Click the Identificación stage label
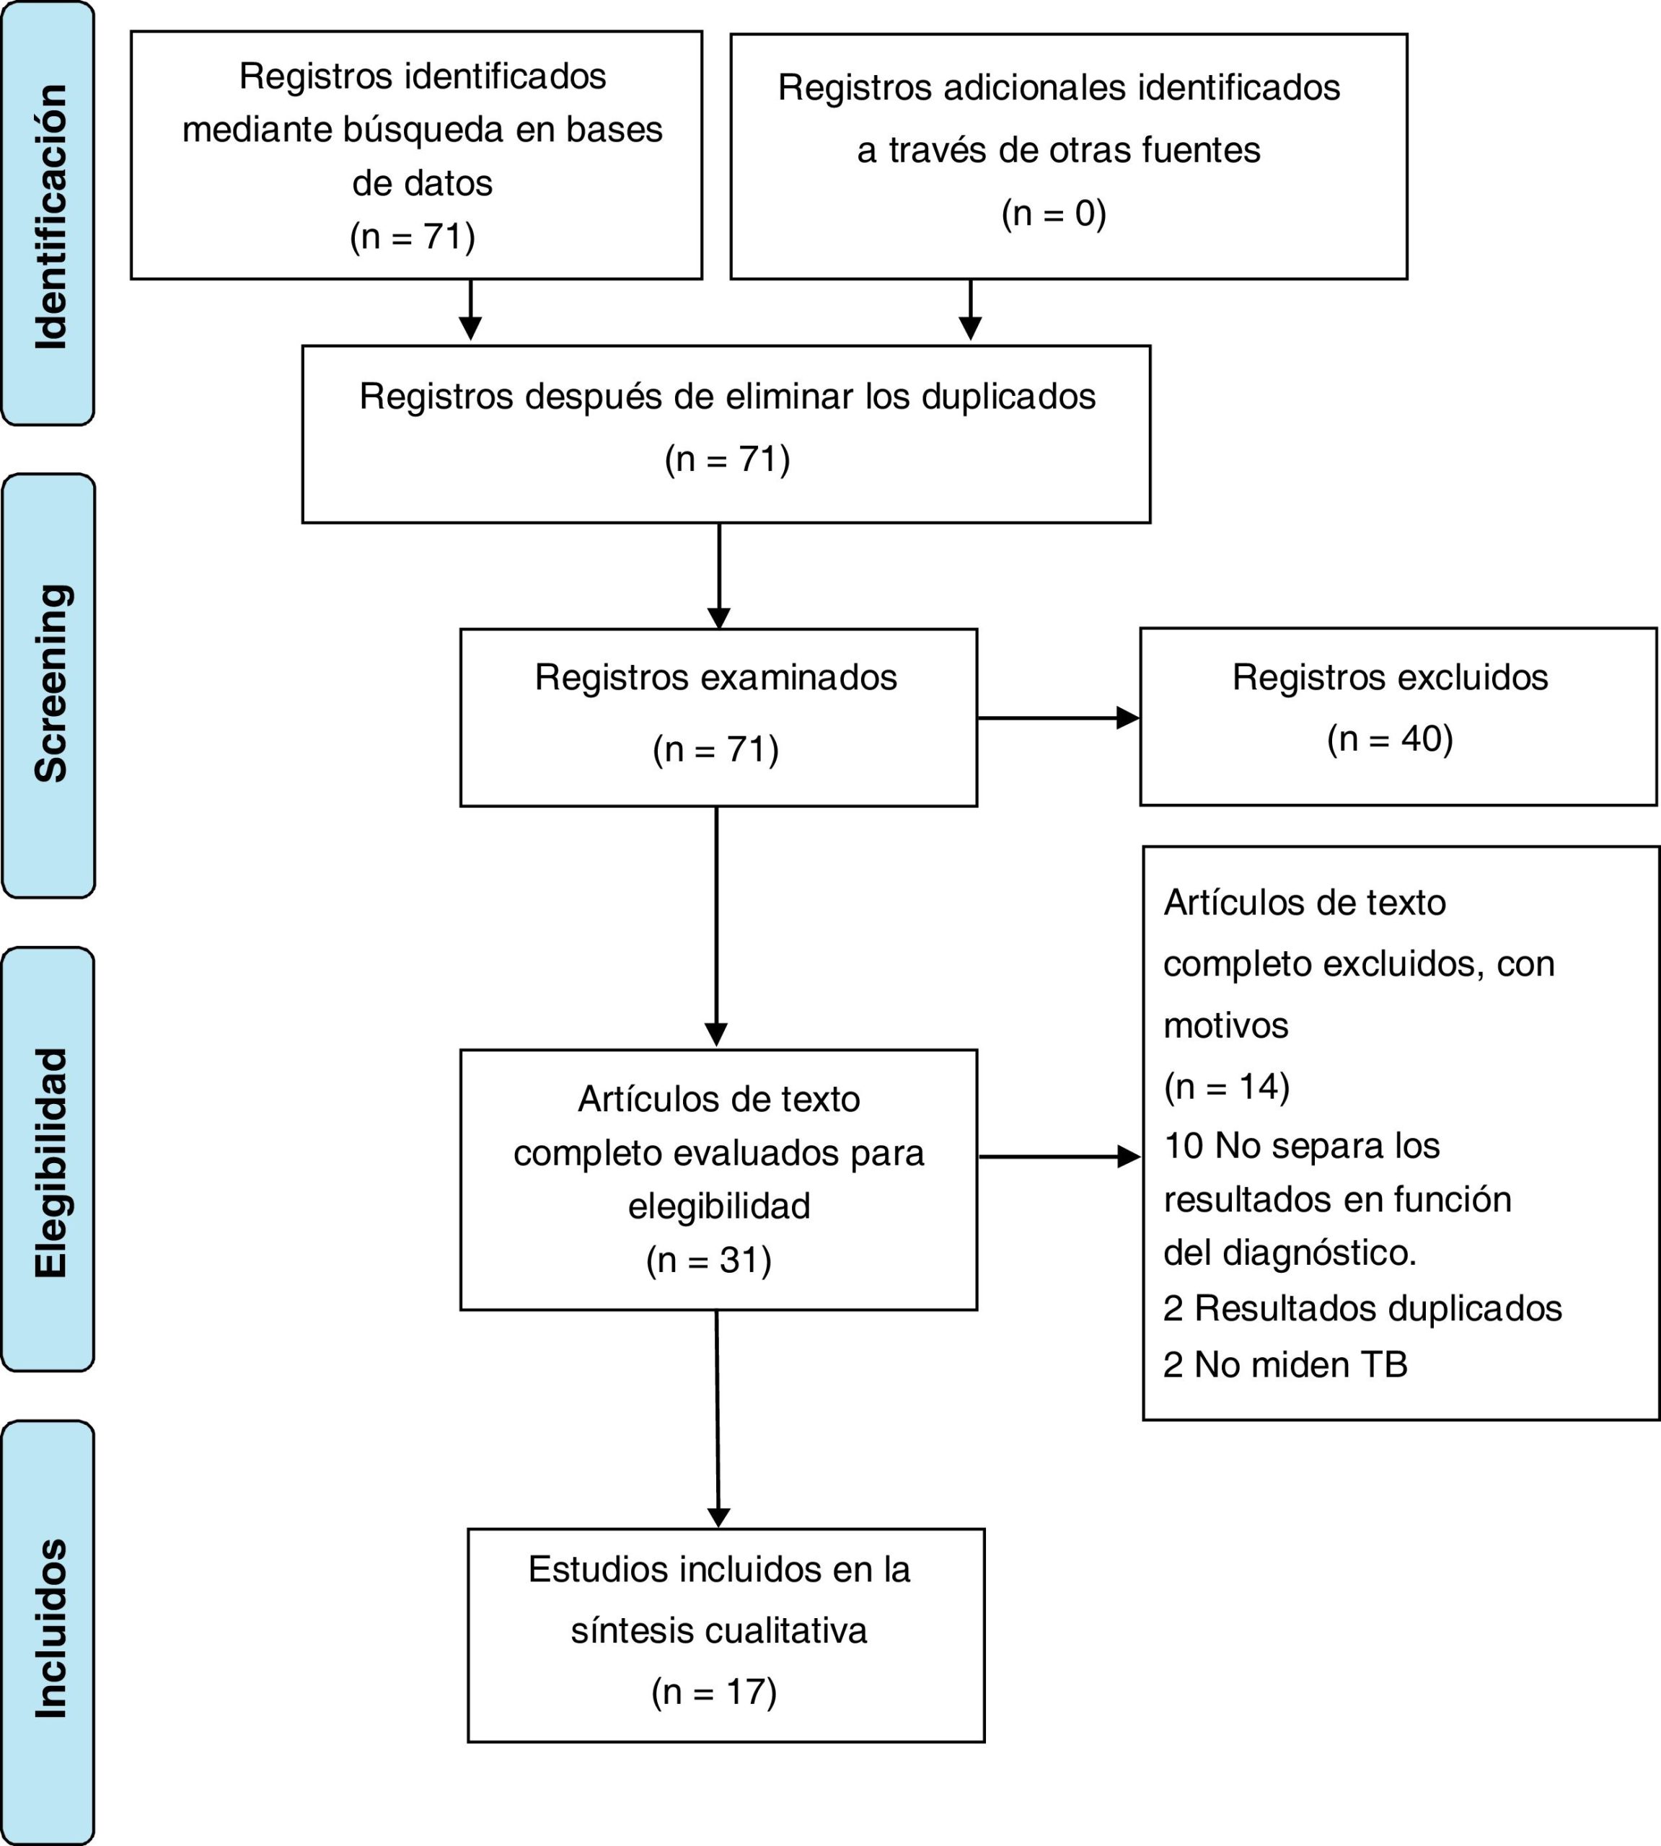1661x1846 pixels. pyautogui.click(x=51, y=216)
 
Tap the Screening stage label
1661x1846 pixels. pyautogui.click(x=51, y=683)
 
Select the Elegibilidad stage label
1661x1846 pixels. pyautogui.click(x=51, y=1162)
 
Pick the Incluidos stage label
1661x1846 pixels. pyautogui.click(x=51, y=1629)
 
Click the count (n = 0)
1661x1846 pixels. pyautogui.click(x=1054, y=213)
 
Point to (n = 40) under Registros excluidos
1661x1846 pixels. pyautogui.click(x=1390, y=739)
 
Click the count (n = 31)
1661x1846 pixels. pyautogui.click(x=709, y=1260)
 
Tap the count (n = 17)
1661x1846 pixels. pyautogui.click(x=714, y=1692)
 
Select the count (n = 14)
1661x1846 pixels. pyautogui.click(x=1227, y=1087)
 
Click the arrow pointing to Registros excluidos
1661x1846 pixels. pyautogui.click(x=1059, y=718)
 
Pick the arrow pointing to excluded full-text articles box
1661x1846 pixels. pyautogui.click(x=1059, y=1157)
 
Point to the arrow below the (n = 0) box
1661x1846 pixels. pyautogui.click(x=970, y=310)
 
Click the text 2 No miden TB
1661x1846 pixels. pyautogui.click(x=1285, y=1364)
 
